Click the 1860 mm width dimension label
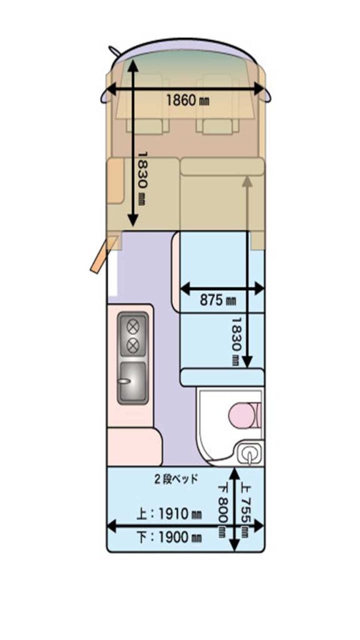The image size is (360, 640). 187,100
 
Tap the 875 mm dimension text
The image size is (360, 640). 218,301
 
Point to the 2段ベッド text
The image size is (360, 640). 176,479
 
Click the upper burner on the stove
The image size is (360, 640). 132,327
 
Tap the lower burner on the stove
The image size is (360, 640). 132,346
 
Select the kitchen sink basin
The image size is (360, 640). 132,382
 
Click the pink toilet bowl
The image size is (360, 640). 242,416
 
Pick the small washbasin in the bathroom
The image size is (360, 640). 249,454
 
